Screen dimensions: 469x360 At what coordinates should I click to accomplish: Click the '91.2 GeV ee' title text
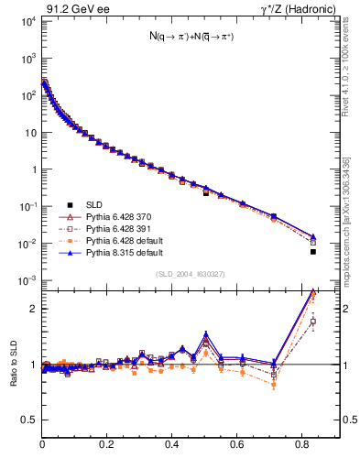tap(71, 10)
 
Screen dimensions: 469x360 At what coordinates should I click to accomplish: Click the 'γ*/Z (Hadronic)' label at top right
tap(301, 10)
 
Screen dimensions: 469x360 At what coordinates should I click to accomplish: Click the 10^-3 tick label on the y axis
tap(27, 280)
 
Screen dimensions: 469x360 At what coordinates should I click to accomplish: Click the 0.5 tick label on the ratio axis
tap(30, 420)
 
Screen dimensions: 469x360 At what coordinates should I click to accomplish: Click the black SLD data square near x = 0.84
tap(313, 252)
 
